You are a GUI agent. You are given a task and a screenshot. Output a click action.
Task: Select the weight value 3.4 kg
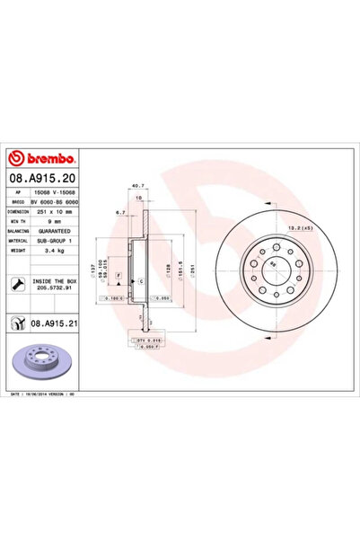pyautogui.click(x=49, y=252)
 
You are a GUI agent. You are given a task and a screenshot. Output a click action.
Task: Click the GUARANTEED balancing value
pyautogui.click(x=57, y=232)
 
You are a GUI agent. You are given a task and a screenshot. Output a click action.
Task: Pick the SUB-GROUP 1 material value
pyautogui.click(x=58, y=242)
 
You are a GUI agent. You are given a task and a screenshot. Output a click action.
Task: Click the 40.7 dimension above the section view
pyautogui.click(x=137, y=185)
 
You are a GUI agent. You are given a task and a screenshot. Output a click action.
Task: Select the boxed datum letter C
pyautogui.click(x=141, y=281)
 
